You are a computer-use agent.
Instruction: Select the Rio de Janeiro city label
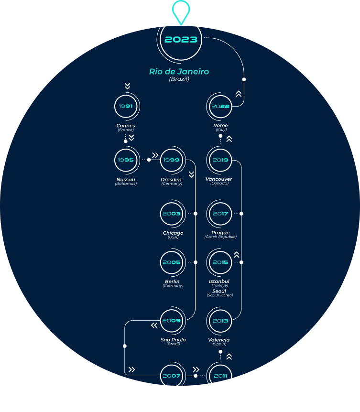point(179,72)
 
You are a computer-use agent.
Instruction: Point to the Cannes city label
point(126,126)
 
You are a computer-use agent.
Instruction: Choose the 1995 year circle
point(126,160)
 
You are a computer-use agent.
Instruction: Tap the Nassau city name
point(126,180)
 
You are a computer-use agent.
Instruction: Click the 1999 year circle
point(172,160)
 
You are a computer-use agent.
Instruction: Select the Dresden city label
point(172,180)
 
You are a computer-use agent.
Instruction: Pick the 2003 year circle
point(172,214)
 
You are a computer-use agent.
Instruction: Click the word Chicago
point(173,233)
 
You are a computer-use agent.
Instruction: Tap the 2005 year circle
point(172,262)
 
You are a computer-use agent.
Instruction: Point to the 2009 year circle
point(172,321)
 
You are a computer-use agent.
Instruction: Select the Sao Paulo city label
point(173,340)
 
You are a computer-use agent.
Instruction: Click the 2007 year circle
point(172,376)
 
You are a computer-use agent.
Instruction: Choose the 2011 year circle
point(220,376)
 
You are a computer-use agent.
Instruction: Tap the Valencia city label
point(219,340)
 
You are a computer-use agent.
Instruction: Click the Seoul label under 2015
point(219,291)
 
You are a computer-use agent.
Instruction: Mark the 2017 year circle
point(220,214)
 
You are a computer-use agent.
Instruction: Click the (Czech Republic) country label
point(220,237)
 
